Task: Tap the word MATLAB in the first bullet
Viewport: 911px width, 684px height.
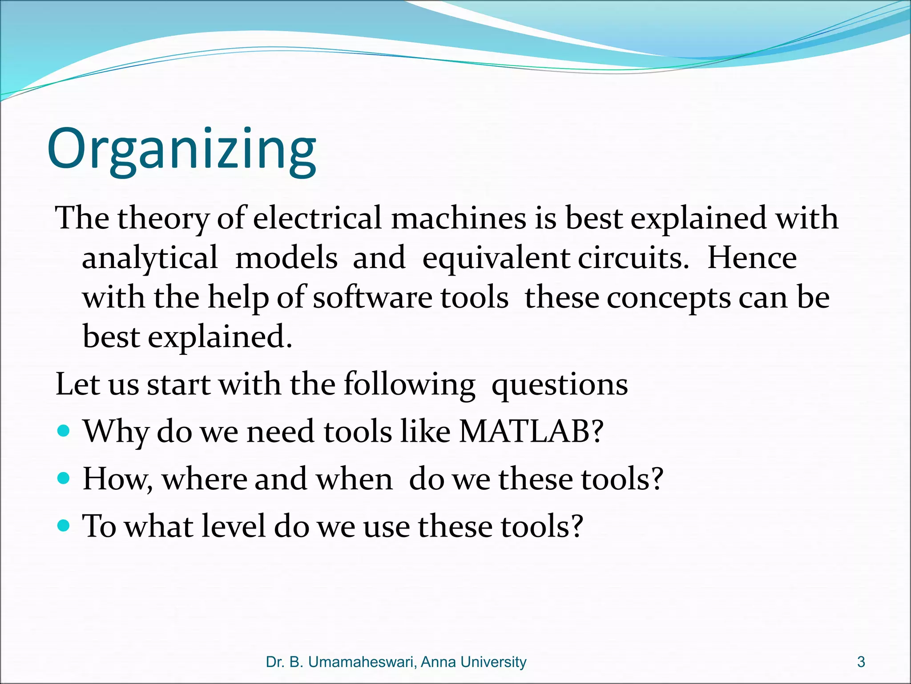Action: (525, 432)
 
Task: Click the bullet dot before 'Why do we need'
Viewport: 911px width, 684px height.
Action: (64, 431)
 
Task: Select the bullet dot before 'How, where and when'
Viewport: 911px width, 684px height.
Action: (64, 478)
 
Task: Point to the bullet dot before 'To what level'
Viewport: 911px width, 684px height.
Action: (64, 526)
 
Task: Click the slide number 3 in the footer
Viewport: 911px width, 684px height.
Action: (861, 662)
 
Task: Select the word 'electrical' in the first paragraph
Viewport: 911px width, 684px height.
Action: (317, 218)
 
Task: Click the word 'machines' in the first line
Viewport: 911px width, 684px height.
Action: (458, 218)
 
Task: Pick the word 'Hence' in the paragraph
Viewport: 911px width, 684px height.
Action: (752, 258)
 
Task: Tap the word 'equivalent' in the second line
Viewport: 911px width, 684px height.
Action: (496, 259)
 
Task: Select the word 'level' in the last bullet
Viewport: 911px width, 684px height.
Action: (233, 526)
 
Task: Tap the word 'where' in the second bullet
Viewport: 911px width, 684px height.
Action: (204, 479)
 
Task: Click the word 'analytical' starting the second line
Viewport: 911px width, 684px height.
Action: (150, 259)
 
